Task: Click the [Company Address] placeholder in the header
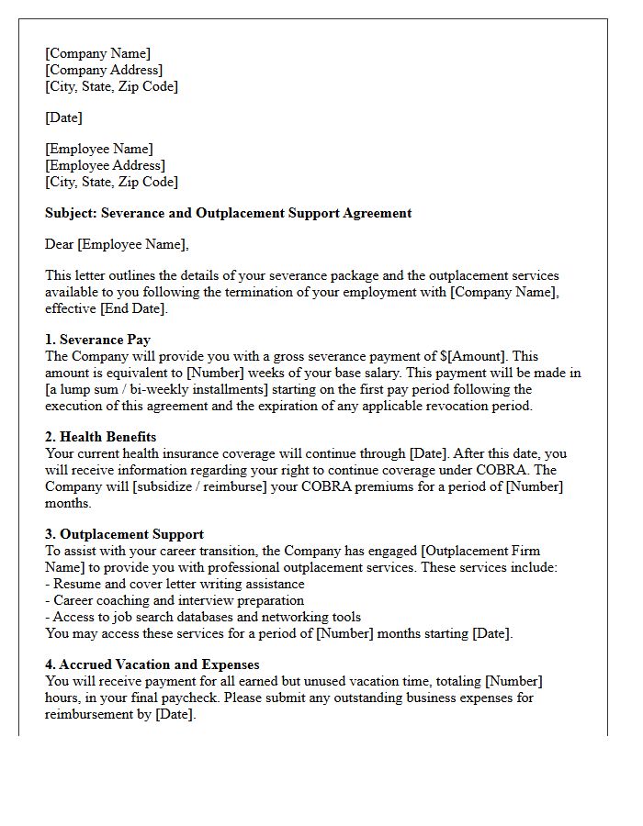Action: [x=104, y=70]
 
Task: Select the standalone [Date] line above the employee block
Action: [x=63, y=117]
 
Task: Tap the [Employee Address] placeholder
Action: [x=105, y=165]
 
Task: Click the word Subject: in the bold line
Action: [x=71, y=213]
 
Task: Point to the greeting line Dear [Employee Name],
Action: [x=117, y=244]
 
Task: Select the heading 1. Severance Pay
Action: [x=97, y=340]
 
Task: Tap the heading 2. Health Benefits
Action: [x=100, y=437]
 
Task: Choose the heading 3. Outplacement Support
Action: [x=124, y=534]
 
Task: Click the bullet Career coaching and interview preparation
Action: [x=178, y=600]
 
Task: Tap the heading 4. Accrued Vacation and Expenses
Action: [x=152, y=664]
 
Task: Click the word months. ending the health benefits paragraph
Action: [x=68, y=503]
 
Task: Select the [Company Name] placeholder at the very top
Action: [x=98, y=53]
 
